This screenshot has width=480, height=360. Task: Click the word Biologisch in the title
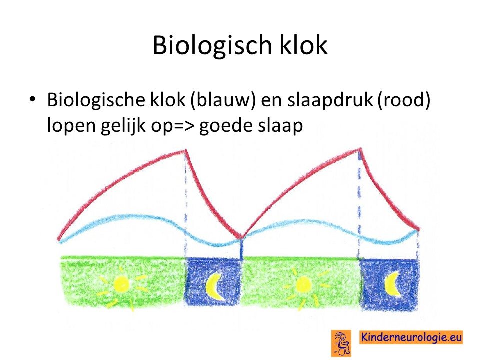click(212, 45)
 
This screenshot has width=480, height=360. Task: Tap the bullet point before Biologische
click(32, 99)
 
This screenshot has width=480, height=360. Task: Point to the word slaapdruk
click(330, 100)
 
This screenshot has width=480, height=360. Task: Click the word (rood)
click(404, 100)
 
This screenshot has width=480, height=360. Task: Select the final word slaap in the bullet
click(280, 125)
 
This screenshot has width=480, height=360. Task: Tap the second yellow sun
click(303, 285)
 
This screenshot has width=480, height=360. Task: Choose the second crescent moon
click(393, 284)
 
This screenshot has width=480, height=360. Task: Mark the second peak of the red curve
click(360, 149)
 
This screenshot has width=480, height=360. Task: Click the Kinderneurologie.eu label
click(411, 337)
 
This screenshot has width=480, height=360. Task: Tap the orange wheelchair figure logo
click(341, 343)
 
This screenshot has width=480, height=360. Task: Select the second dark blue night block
click(390, 284)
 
